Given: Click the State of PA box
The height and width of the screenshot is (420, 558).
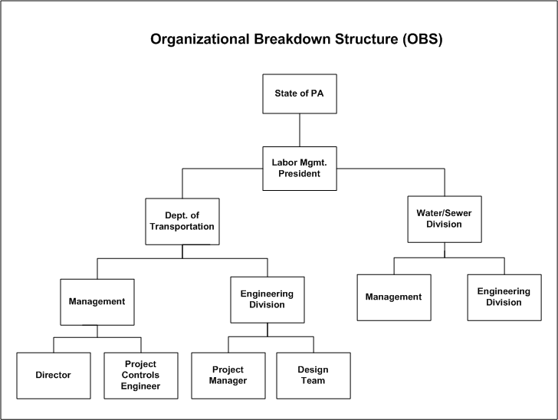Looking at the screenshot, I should (x=299, y=94).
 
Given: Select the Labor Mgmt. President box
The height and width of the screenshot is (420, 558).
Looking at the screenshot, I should (x=299, y=168).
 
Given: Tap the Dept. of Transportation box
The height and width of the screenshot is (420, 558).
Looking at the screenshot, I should (x=182, y=221).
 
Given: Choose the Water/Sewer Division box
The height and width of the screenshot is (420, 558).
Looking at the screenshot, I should (x=445, y=218).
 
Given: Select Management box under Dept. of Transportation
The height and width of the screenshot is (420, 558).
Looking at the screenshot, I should (x=97, y=301).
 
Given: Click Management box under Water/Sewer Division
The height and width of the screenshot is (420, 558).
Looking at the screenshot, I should (x=393, y=297).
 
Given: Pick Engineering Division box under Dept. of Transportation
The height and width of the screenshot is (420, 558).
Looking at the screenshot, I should (x=267, y=299).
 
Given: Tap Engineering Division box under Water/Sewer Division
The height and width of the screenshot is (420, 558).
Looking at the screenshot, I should (x=504, y=297).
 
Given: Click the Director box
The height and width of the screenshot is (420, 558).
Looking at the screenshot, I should (x=53, y=375).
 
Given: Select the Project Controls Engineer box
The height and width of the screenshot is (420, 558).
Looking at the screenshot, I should (x=141, y=375).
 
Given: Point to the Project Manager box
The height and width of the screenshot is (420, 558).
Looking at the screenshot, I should (x=227, y=375).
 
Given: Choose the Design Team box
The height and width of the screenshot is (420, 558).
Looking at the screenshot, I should (x=313, y=375).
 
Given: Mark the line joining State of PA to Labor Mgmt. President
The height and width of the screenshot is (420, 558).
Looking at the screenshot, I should (x=299, y=130).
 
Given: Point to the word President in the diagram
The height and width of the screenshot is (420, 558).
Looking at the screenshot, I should (x=299, y=174).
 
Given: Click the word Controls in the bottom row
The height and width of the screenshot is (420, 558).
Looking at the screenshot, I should (x=141, y=375).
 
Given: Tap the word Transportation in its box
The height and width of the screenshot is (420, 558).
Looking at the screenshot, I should (x=182, y=227).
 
